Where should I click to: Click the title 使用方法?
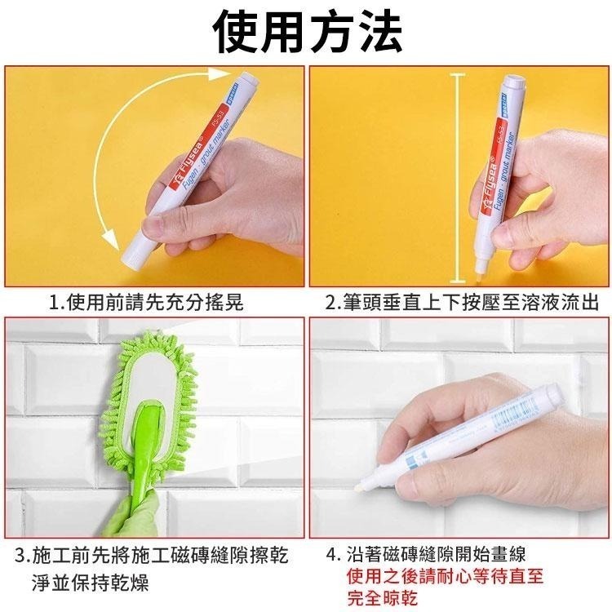306,30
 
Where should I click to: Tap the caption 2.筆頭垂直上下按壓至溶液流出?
461,304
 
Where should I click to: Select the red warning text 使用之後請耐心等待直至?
444,577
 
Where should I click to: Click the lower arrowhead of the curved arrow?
105,237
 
